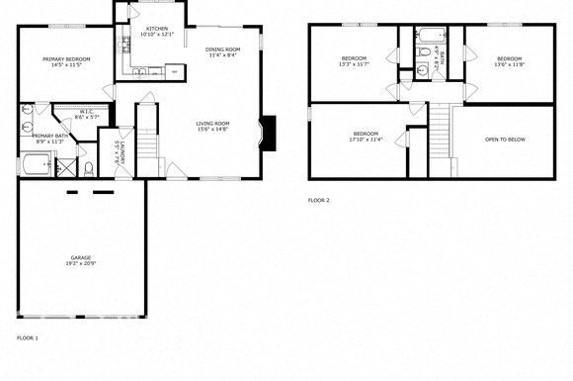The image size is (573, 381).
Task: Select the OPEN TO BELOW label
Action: (505, 139)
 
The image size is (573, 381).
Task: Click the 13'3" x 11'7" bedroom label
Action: (354, 62)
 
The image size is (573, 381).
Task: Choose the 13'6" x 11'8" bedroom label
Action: (509, 62)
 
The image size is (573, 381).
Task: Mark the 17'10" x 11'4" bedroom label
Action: (365, 137)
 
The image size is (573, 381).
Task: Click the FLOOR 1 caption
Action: (28, 337)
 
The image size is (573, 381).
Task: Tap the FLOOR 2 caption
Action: (318, 200)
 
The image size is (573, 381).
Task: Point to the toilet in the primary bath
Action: (89, 168)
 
